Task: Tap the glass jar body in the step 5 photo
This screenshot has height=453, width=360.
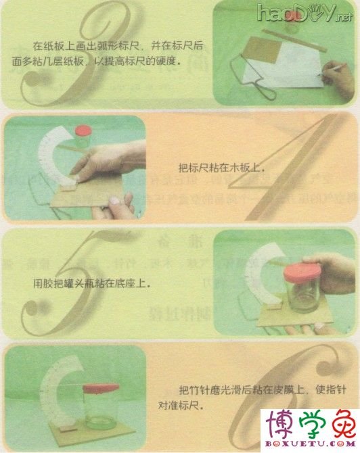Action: [295, 301]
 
